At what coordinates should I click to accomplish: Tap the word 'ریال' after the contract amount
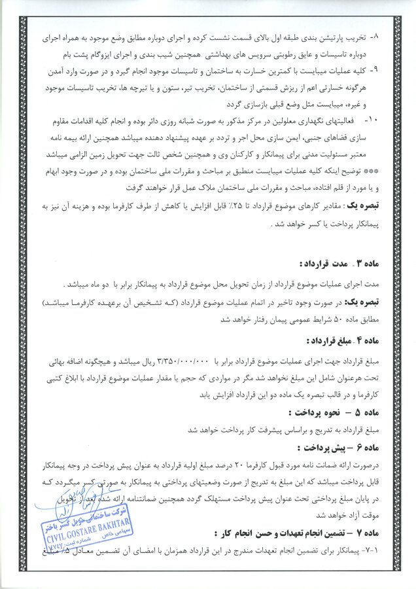[x=150, y=361]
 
